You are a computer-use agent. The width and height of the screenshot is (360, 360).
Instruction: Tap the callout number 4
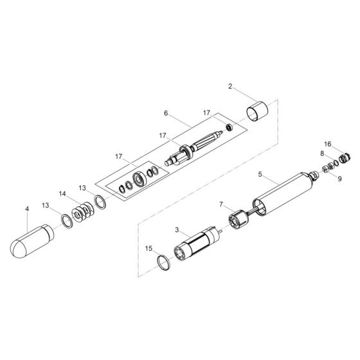pyautogui.click(x=27, y=209)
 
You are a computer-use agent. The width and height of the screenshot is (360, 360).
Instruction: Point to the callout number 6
pyautogui.click(x=165, y=113)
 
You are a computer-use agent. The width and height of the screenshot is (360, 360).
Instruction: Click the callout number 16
pyautogui.click(x=327, y=144)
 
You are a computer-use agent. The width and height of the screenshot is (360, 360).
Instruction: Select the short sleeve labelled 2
pyautogui.click(x=258, y=111)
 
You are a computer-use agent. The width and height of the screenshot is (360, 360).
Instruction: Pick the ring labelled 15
pyautogui.click(x=165, y=262)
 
